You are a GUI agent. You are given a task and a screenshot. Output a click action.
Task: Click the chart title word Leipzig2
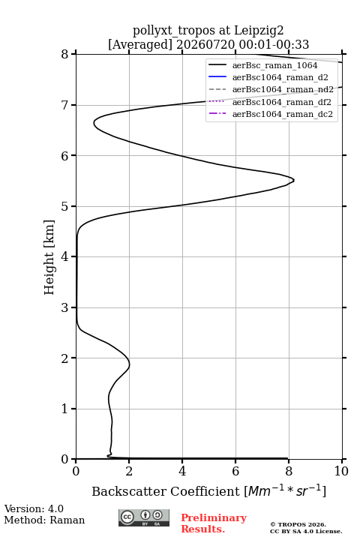[259, 31]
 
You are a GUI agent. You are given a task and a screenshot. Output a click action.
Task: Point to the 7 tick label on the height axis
[64, 105]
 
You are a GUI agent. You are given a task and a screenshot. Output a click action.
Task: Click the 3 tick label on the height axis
[64, 307]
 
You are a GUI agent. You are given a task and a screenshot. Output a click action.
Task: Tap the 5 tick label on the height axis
[64, 206]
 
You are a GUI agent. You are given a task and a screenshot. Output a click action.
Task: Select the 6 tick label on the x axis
[235, 471]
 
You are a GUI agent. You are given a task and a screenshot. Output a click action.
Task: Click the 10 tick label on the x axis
[341, 471]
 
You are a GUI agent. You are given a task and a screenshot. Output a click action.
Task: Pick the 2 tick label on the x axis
[129, 471]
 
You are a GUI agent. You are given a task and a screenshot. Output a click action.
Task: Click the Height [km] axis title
[49, 257]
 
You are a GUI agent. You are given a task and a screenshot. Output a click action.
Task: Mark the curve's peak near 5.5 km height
[294, 180]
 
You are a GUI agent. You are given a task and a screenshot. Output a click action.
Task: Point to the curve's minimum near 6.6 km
[94, 123]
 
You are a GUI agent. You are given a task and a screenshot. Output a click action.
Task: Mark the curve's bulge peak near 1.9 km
[130, 365]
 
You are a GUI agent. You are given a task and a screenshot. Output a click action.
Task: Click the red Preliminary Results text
[214, 523]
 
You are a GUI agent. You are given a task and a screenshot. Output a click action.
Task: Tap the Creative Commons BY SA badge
[144, 518]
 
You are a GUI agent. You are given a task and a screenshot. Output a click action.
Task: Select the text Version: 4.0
[34, 508]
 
